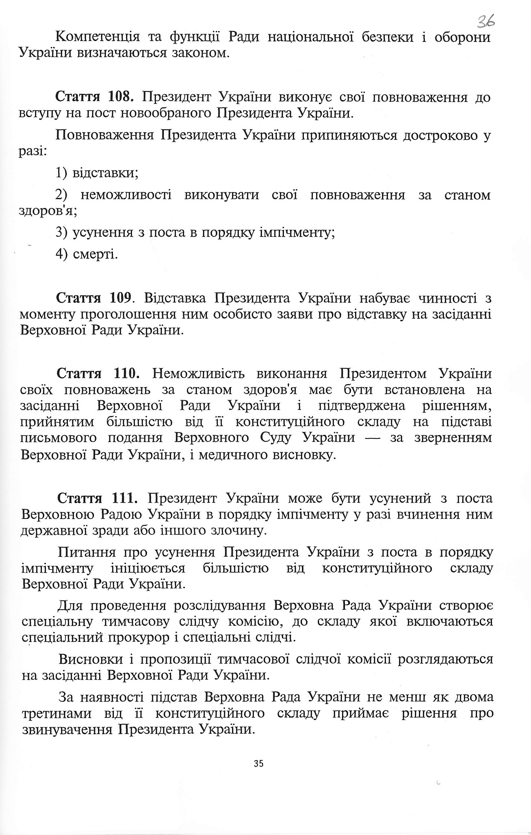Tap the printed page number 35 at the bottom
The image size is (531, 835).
[259, 763]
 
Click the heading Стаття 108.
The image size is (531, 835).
[94, 97]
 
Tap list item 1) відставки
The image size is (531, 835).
[97, 173]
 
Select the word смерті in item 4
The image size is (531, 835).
[95, 255]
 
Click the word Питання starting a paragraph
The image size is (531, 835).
[86, 552]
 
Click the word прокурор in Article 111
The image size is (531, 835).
[138, 637]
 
